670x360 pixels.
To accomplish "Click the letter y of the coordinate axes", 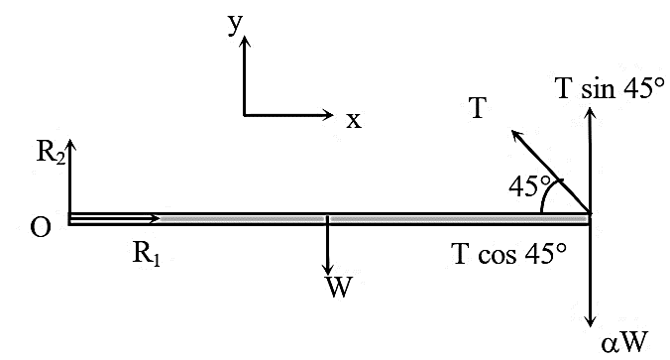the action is (x=236, y=25).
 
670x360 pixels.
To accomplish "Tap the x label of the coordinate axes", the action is (x=354, y=121).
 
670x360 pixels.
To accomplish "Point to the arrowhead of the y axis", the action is (x=245, y=41).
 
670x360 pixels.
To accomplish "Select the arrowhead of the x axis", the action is (x=328, y=114).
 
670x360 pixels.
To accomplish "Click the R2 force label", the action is (x=51, y=152).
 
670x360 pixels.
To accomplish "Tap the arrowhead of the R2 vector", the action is (x=71, y=146).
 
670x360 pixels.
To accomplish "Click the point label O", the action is (x=41, y=227).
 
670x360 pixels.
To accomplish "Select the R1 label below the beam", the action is (x=147, y=255).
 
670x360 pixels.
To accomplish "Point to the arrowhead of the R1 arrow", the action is (x=155, y=219).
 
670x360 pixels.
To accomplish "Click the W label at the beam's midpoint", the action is (x=339, y=287).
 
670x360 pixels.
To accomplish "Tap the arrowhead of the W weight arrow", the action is (x=328, y=270).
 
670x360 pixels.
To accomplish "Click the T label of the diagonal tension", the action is (x=478, y=107).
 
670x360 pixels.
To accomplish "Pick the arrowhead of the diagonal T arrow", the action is (x=517, y=136).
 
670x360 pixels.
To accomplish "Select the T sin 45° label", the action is (x=611, y=88).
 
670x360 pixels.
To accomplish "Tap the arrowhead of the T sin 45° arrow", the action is (x=590, y=113).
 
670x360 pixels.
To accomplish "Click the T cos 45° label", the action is (x=509, y=254).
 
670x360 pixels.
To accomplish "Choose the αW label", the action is (x=624, y=342).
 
